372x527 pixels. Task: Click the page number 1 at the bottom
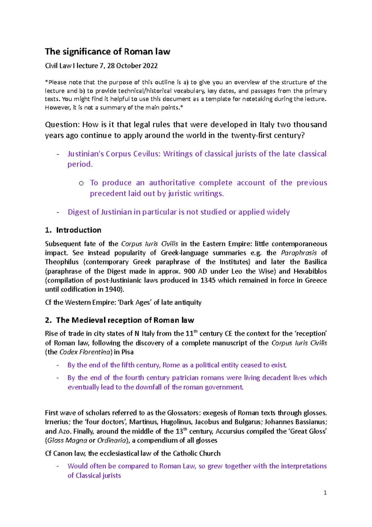[325, 493]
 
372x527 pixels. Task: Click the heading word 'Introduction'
[78, 230]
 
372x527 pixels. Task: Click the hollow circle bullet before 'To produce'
[81, 183]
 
